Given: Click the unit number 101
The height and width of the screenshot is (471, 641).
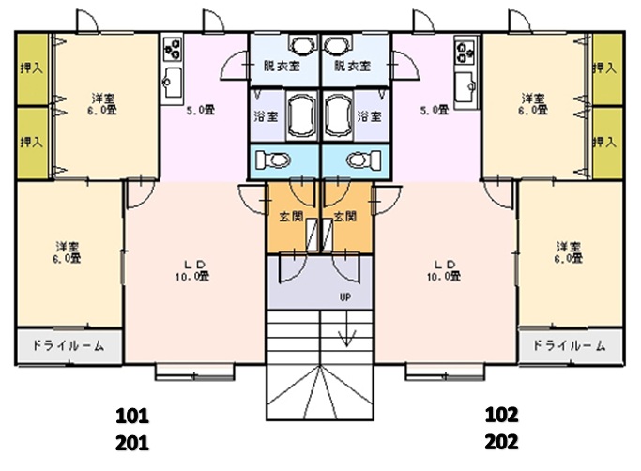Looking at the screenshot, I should pyautogui.click(x=132, y=414).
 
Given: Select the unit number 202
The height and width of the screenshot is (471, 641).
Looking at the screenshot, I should pyautogui.click(x=501, y=439).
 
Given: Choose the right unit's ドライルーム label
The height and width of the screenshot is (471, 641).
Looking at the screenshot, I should pyautogui.click(x=570, y=345).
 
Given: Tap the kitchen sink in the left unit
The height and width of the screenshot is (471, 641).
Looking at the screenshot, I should pyautogui.click(x=172, y=83).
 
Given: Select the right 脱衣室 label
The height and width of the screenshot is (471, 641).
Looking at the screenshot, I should pyautogui.click(x=353, y=68).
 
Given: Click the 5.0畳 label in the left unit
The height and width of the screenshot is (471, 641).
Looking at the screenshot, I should pyautogui.click(x=199, y=110).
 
